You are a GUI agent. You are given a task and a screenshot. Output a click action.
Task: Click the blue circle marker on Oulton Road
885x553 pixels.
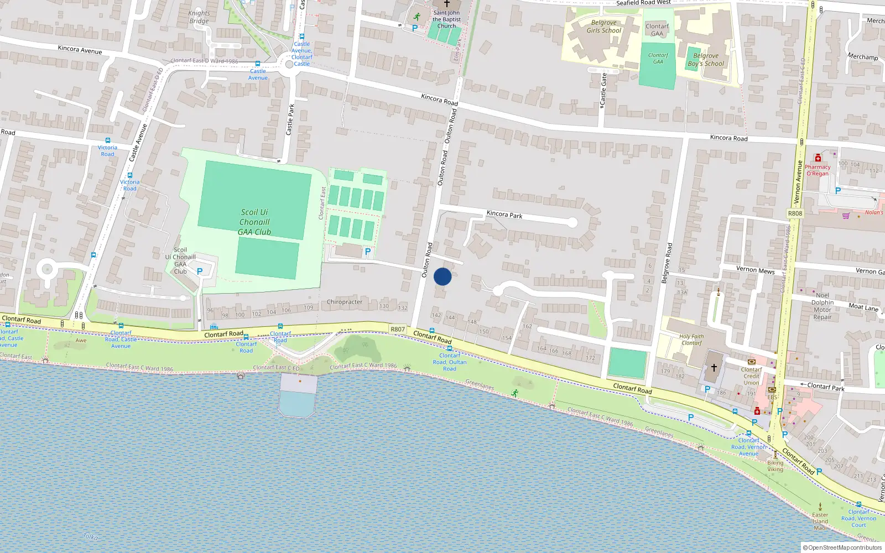(x=442, y=276)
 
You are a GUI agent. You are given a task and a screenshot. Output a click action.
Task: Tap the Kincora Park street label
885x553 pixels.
(x=504, y=215)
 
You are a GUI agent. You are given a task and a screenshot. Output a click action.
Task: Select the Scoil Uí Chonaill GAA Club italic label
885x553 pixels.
(x=254, y=222)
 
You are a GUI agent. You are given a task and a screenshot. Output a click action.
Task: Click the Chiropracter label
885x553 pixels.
(x=345, y=302)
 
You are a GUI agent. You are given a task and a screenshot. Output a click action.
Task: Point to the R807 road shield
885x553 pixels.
(x=398, y=330)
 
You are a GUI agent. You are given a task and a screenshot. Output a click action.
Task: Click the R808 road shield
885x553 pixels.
(x=795, y=213)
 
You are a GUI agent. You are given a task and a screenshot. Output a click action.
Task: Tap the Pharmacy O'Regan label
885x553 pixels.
(x=818, y=170)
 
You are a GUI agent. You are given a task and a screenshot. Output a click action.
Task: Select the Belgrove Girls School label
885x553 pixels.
(x=604, y=27)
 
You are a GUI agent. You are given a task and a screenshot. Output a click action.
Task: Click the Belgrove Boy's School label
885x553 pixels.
(x=706, y=60)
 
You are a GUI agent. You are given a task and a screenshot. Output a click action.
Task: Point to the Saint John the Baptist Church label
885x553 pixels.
(x=446, y=19)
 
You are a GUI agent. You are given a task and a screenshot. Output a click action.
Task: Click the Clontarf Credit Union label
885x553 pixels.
(x=751, y=376)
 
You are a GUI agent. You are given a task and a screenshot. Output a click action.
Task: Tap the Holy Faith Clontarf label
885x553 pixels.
(x=691, y=340)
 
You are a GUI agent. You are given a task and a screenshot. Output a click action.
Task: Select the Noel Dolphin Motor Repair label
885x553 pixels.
(x=822, y=306)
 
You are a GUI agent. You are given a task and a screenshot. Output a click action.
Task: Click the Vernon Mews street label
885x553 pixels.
(x=755, y=270)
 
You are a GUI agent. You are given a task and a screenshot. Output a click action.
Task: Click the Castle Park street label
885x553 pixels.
(x=290, y=119)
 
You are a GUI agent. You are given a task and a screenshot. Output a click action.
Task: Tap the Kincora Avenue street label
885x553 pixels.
(x=80, y=50)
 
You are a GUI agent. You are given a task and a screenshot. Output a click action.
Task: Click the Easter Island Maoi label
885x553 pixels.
(x=820, y=521)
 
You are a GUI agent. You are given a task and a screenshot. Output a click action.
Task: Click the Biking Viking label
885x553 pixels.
(x=775, y=466)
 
